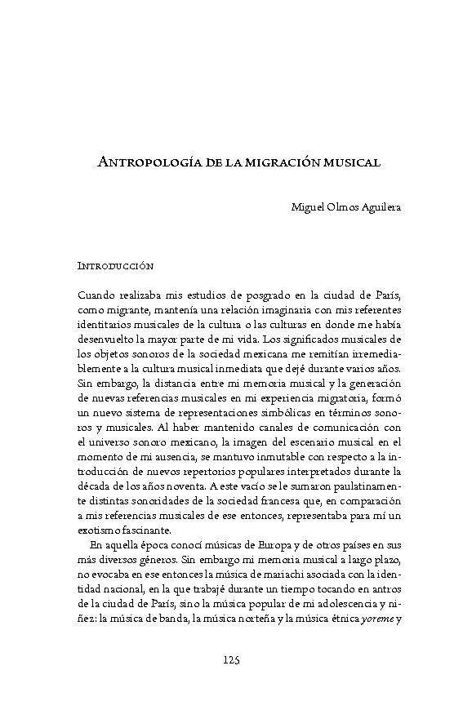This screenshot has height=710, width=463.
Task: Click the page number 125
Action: point(231,659)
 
